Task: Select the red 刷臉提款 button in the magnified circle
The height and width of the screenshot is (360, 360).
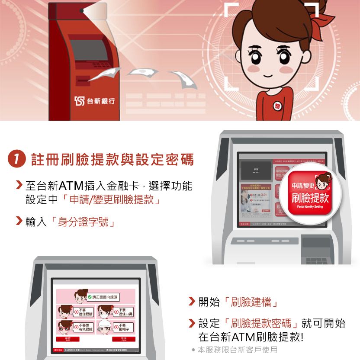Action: pos(309,192)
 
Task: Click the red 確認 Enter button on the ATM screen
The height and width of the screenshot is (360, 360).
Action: pos(68,339)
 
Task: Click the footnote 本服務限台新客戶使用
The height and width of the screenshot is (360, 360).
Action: pos(237,350)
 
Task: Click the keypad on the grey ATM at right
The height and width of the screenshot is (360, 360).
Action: pos(317,261)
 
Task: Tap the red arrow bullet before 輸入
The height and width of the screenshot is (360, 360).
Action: pos(18,222)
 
